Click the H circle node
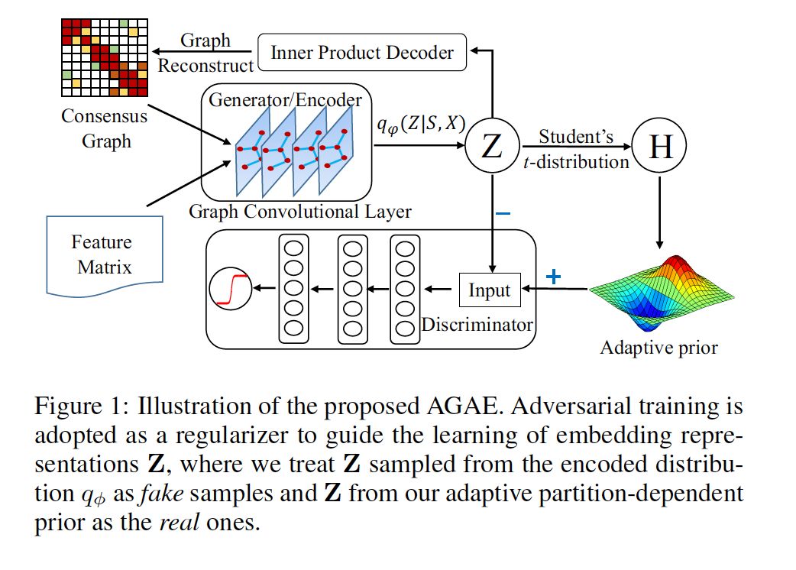(x=660, y=147)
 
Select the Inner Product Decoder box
(x=361, y=52)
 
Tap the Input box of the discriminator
(x=489, y=290)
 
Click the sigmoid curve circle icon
(x=231, y=289)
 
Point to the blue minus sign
(x=503, y=214)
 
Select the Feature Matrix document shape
(x=102, y=255)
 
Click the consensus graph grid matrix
(x=102, y=58)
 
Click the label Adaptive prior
(x=659, y=348)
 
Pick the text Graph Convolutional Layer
(x=300, y=212)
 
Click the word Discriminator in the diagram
(x=477, y=325)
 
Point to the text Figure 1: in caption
(x=76, y=406)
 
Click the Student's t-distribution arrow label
(x=576, y=149)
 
